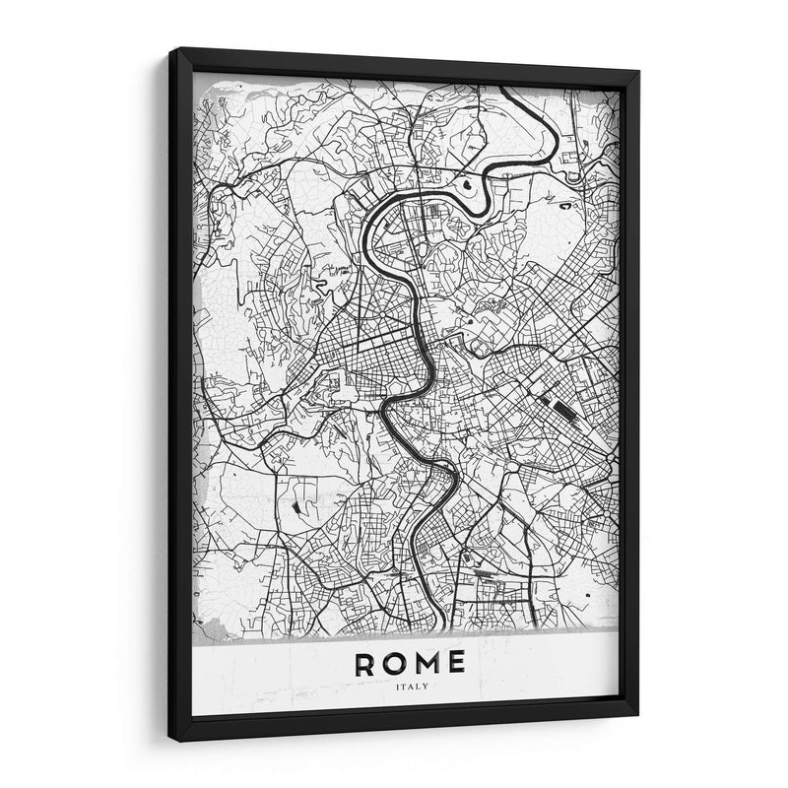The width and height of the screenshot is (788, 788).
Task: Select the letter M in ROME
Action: (435, 663)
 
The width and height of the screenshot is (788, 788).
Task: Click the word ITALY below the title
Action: (415, 687)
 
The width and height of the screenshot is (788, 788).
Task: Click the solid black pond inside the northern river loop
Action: (466, 182)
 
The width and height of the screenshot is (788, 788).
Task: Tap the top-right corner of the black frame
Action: (638, 72)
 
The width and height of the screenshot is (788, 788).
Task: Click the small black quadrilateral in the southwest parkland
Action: (295, 506)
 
